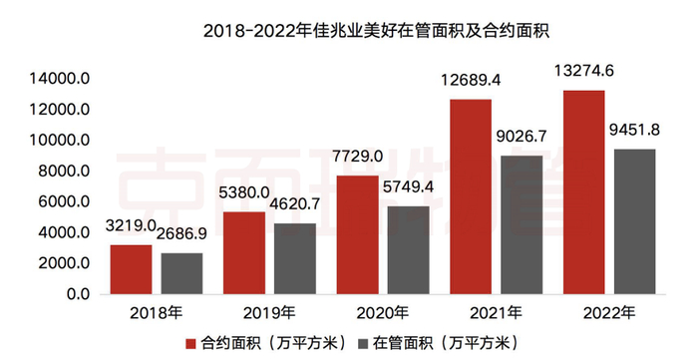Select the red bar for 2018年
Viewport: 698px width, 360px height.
[x=131, y=270]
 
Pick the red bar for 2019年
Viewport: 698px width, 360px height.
[x=244, y=253]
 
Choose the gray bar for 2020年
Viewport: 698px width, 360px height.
[x=408, y=250]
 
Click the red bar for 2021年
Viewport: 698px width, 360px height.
[x=471, y=197]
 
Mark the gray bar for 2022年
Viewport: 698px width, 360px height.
[x=633, y=221]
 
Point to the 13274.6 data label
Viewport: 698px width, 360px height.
[x=582, y=70]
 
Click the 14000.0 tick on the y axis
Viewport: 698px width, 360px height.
[x=62, y=79]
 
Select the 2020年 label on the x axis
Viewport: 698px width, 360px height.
[x=381, y=313]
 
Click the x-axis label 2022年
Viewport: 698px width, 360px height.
[x=607, y=313]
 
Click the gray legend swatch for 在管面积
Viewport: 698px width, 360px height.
[x=364, y=344]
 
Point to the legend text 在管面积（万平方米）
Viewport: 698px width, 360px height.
[x=437, y=344]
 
